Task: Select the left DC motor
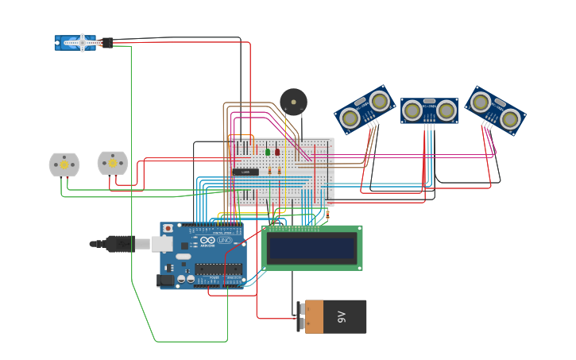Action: (x=64, y=165)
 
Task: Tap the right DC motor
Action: (x=113, y=163)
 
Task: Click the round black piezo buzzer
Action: (x=293, y=102)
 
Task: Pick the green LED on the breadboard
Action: (x=268, y=152)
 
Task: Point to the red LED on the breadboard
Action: (x=277, y=152)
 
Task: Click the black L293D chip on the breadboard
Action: (x=245, y=172)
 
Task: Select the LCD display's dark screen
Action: (x=311, y=249)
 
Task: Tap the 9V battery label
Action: (x=342, y=316)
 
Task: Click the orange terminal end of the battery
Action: (x=313, y=316)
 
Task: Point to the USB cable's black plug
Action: (x=119, y=244)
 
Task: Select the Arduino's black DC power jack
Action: (x=166, y=280)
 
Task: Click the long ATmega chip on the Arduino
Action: (x=218, y=269)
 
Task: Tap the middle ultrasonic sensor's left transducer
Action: (x=412, y=110)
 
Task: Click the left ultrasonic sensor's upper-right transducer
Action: (x=380, y=101)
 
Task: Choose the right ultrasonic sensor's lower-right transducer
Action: (x=510, y=119)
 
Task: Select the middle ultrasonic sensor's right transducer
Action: (x=446, y=110)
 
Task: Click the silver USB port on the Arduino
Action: (x=162, y=243)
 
